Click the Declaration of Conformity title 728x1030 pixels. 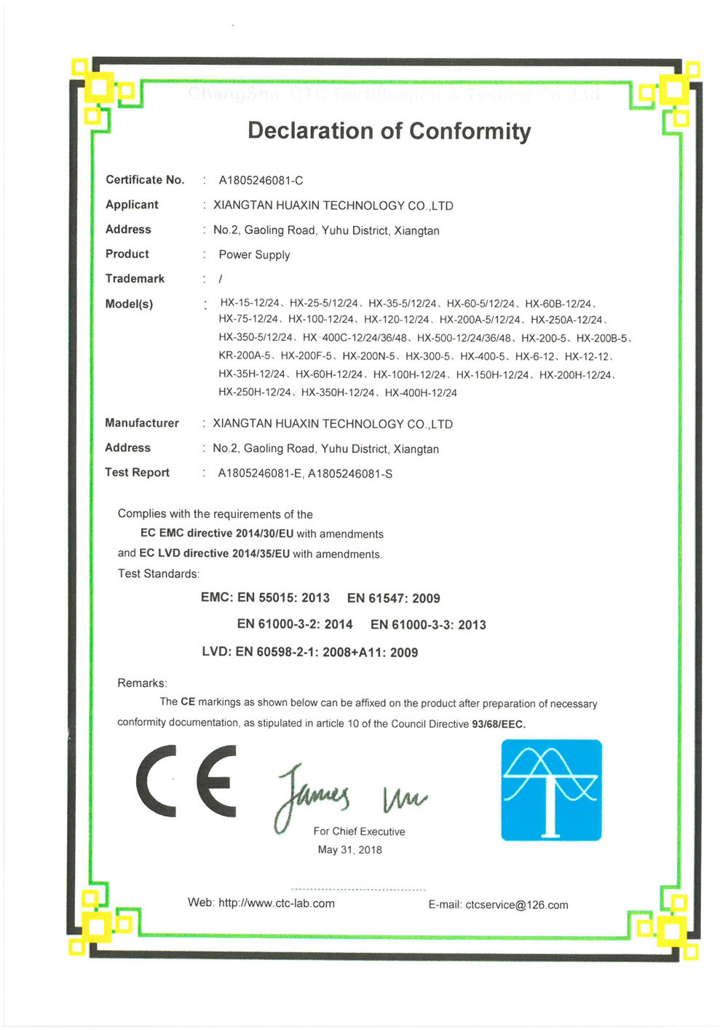pyautogui.click(x=389, y=131)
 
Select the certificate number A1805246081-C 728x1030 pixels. pyautogui.click(x=261, y=181)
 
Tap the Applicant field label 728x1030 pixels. pyautogui.click(x=132, y=205)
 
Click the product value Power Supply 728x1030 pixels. pyautogui.click(x=254, y=255)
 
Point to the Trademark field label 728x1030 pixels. pyautogui.click(x=135, y=279)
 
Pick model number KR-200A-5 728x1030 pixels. pyautogui.click(x=245, y=357)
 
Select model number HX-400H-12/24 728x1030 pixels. pyautogui.click(x=421, y=393)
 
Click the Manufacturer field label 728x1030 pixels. pyautogui.click(x=142, y=423)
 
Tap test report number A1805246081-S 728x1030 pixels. pyautogui.click(x=350, y=474)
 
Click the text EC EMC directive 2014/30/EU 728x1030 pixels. pyautogui.click(x=217, y=534)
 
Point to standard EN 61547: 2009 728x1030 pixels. pyautogui.click(x=394, y=599)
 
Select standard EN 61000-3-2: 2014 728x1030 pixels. pyautogui.click(x=295, y=625)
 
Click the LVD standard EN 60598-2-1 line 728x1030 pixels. pyautogui.click(x=310, y=653)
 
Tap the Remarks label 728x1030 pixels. pyautogui.click(x=142, y=683)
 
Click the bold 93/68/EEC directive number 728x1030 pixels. pyautogui.click(x=499, y=724)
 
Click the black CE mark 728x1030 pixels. pyautogui.click(x=186, y=781)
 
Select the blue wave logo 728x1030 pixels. pyautogui.click(x=551, y=790)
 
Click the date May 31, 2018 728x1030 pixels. pyautogui.click(x=349, y=850)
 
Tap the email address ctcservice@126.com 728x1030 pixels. pyautogui.click(x=516, y=905)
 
